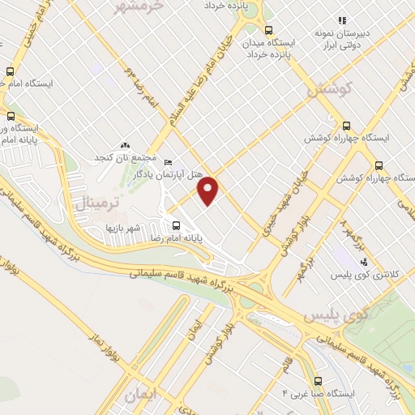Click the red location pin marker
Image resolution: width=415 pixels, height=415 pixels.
[x=209, y=190]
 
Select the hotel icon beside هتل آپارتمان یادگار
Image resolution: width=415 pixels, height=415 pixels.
[x=169, y=161]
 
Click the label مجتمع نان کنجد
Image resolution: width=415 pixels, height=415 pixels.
[x=123, y=156]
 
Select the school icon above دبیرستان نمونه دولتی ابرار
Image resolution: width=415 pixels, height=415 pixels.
[x=342, y=19]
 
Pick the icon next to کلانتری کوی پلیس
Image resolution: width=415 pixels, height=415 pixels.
[x=364, y=262]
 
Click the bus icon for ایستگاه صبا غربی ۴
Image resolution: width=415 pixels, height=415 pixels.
[x=318, y=381]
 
